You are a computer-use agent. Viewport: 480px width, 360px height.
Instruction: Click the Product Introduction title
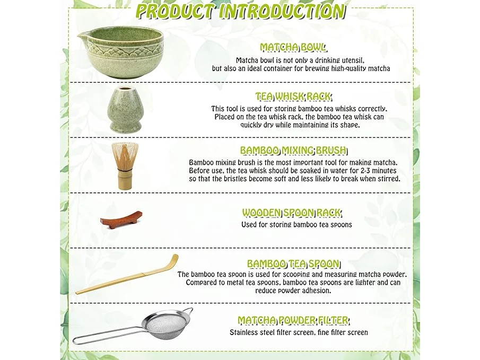[240, 11]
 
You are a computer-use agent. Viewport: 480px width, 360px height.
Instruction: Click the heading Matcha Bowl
[293, 47]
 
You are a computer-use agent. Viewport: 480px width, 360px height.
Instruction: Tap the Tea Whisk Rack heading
[293, 96]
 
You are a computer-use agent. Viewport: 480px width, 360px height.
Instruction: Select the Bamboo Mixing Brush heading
[293, 151]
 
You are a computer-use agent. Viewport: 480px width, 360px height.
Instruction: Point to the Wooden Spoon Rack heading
[292, 213]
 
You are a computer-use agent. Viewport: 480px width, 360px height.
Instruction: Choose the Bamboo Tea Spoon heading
[293, 264]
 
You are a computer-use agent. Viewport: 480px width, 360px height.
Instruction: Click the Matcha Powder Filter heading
[293, 321]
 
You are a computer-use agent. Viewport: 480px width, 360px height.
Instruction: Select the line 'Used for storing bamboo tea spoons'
[296, 225]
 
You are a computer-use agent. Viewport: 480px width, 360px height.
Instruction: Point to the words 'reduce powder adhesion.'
[293, 291]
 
